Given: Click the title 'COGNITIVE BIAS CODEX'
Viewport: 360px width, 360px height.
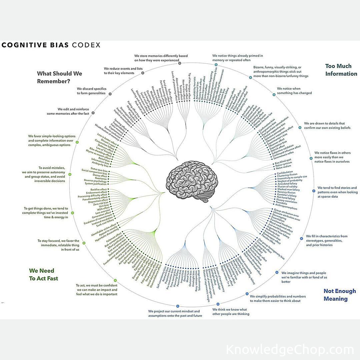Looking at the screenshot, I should [x=51, y=45].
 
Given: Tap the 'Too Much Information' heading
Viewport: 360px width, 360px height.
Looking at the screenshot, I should [x=341, y=70].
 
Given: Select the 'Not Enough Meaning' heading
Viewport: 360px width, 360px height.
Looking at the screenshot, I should [x=340, y=295].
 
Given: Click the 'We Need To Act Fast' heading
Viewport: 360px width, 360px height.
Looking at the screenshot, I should [x=43, y=274].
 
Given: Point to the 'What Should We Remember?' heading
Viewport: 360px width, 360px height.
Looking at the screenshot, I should [x=59, y=77].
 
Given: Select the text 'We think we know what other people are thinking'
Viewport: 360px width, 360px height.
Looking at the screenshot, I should [x=231, y=311].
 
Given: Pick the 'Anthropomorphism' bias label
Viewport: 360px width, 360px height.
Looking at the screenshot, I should [x=286, y=208].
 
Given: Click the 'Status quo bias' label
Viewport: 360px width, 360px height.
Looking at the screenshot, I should [x=99, y=169].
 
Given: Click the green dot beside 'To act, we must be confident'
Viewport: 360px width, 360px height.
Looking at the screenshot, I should [x=115, y=280].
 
